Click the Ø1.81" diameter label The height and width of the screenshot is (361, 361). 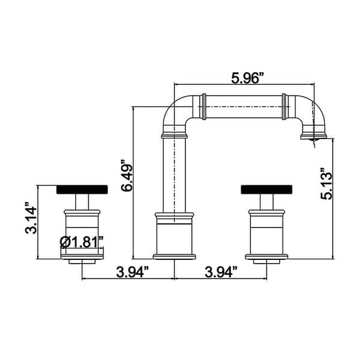click(82, 242)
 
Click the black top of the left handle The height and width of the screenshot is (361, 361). click(82, 190)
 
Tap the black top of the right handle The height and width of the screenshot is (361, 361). click(266, 190)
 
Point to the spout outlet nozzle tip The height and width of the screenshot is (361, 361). click(313, 137)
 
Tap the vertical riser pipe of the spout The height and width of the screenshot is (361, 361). click(174, 174)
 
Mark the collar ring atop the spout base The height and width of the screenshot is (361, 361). click(174, 215)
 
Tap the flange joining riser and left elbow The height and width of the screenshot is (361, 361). click(174, 130)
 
